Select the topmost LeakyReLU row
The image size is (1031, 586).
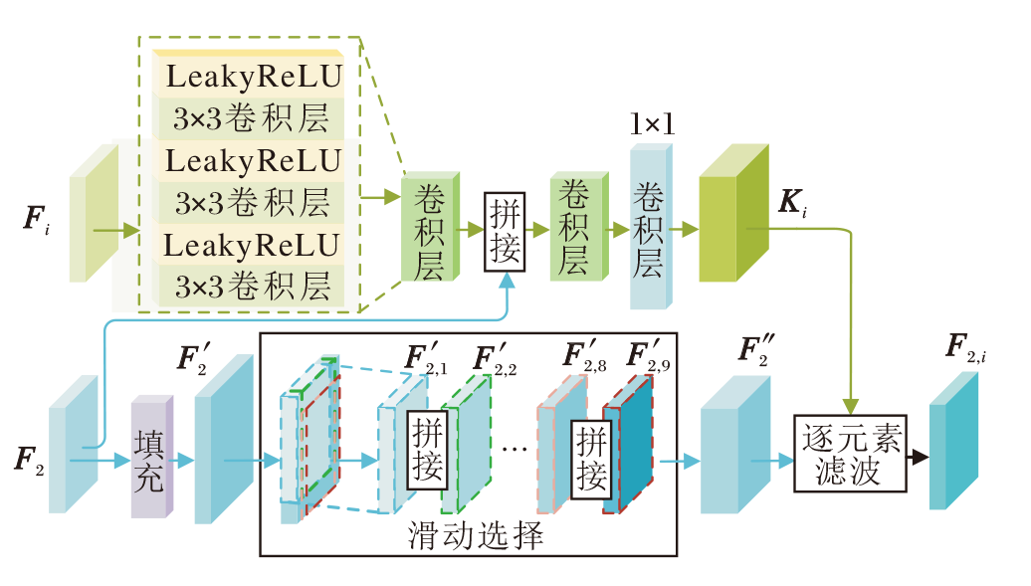coord(253,76)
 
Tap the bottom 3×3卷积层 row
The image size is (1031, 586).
coord(253,287)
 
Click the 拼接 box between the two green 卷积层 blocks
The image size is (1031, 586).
coord(505,231)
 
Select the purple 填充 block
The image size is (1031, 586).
coord(151,459)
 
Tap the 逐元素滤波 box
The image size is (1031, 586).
coord(852,454)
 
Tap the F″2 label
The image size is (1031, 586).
coord(758,353)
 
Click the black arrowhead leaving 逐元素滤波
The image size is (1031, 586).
coord(919,458)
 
